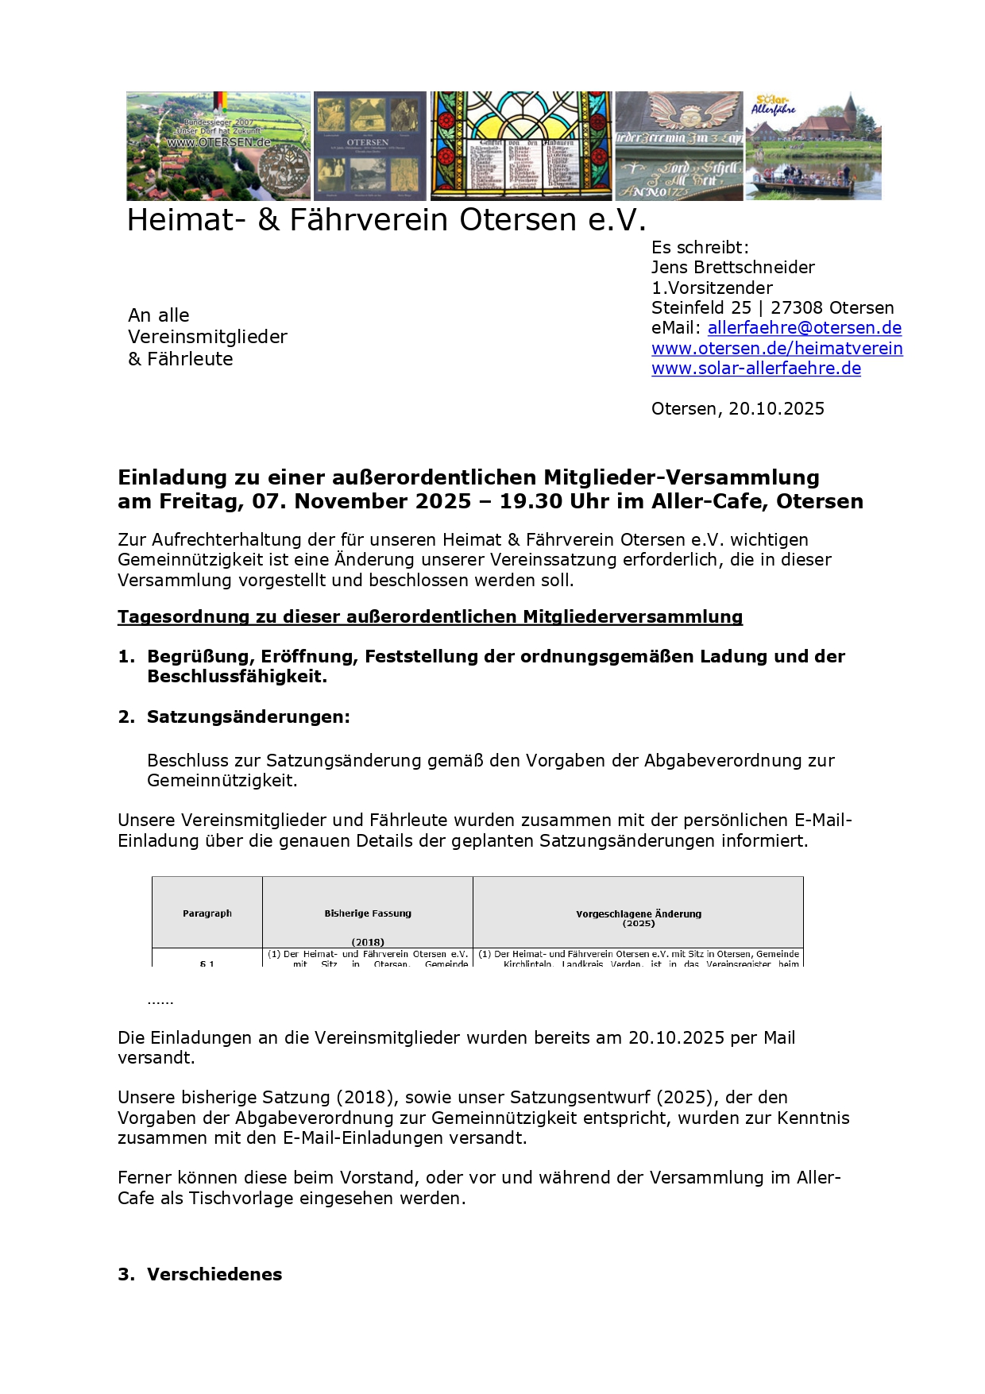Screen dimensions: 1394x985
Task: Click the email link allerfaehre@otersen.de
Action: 804,328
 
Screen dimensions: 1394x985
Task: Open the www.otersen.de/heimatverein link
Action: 777,349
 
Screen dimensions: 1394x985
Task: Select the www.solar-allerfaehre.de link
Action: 755,369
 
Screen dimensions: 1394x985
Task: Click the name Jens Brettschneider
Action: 732,268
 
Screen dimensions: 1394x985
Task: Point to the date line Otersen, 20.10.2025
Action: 737,409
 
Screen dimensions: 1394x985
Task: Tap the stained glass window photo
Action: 521,145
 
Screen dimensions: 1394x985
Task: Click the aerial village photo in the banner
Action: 218,145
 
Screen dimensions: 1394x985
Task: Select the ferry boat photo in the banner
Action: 813,145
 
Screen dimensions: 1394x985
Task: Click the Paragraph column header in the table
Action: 207,913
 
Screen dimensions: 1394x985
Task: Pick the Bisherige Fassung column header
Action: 368,913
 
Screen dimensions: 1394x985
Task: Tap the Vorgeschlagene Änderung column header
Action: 639,914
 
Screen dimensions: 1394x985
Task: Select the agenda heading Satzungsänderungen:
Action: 248,717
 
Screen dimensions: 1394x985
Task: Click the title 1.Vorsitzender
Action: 712,288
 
